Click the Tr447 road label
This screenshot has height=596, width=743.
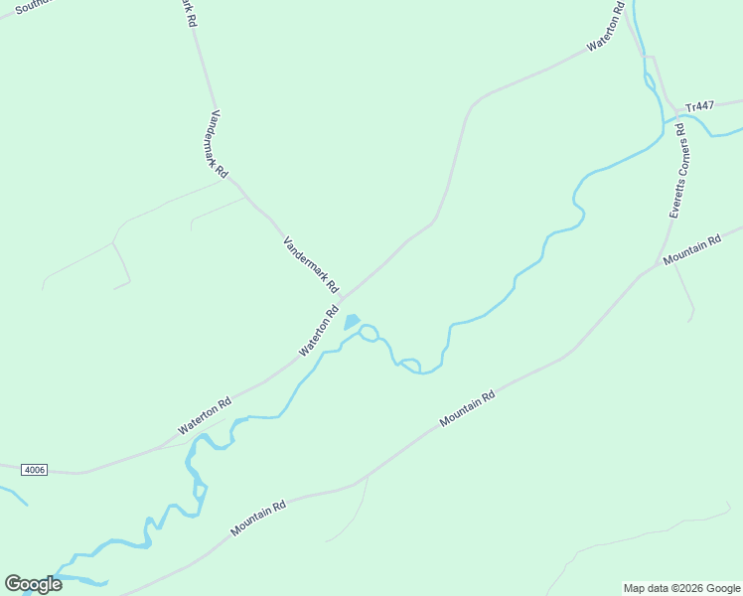coord(700,105)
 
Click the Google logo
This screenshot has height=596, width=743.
coord(33,584)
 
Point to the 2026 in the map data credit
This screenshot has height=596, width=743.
coord(687,588)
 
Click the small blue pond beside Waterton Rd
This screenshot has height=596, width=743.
coord(352,322)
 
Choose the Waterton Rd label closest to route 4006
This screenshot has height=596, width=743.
coord(205,416)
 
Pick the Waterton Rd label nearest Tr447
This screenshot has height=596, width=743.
coord(605,31)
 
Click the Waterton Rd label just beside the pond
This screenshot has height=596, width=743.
coord(319,332)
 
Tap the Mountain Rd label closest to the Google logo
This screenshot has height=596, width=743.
coord(258,519)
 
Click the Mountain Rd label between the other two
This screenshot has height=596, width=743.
coord(467,409)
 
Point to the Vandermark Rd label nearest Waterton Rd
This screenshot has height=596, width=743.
coord(311,263)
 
